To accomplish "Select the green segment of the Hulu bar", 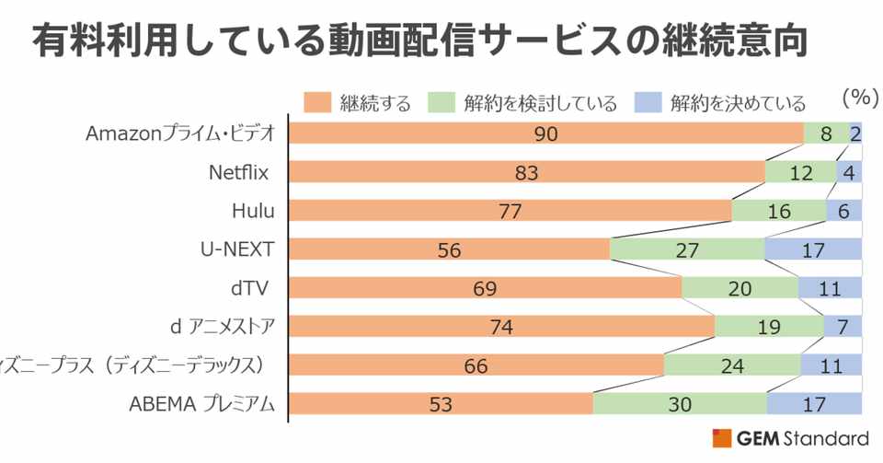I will point(778,211).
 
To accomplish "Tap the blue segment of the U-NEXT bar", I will point(813,249).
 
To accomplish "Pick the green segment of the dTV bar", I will point(740,288).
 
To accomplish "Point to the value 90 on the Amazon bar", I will point(545,134).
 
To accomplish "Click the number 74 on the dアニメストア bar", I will point(501,327).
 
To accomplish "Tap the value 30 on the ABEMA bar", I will point(680,403).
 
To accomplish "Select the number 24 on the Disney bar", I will point(731,365).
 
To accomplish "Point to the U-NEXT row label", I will point(237,249).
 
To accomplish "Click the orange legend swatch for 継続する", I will point(317,100).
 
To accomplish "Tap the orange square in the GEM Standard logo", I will point(722,438).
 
